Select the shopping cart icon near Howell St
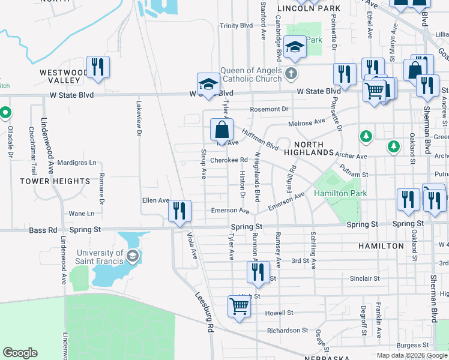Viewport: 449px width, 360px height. [239, 307]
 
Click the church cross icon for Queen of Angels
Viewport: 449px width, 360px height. [291, 74]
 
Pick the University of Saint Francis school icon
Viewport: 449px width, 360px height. [132, 257]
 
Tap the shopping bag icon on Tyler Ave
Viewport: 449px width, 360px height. [221, 130]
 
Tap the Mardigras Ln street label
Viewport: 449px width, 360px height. [77, 163]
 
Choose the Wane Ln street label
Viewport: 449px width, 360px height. [81, 214]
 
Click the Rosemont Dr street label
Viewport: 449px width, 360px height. [270, 109]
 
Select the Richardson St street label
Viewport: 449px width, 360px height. [288, 331]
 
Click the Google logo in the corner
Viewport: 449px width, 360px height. [20, 353]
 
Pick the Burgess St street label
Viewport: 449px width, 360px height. [412, 345]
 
